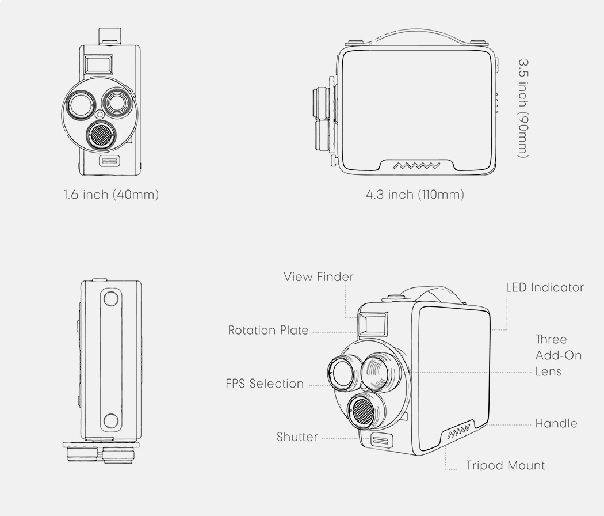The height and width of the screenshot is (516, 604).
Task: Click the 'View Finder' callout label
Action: [x=318, y=277]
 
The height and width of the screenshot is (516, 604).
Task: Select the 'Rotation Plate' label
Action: [x=268, y=331]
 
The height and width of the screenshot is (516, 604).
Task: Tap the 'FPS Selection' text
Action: [x=265, y=384]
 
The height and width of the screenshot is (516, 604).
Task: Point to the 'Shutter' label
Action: [x=297, y=437]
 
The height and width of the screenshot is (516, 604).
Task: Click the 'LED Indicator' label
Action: [x=544, y=287]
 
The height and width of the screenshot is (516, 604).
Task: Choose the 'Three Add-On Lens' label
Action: [x=558, y=355]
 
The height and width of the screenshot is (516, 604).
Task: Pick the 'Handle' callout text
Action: [x=556, y=424]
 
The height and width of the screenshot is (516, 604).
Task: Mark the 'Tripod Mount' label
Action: [x=505, y=465]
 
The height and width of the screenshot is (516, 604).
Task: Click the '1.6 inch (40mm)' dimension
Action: [x=111, y=195]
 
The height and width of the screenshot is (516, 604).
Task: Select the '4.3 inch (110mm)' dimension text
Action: [x=415, y=195]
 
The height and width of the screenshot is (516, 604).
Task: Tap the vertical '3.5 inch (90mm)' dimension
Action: [x=523, y=107]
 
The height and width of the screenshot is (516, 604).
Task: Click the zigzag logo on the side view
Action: [x=417, y=166]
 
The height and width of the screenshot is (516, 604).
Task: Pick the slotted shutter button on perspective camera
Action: [x=380, y=441]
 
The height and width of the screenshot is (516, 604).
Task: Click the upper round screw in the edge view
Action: [x=111, y=298]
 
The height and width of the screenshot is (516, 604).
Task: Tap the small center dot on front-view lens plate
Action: [x=100, y=114]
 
